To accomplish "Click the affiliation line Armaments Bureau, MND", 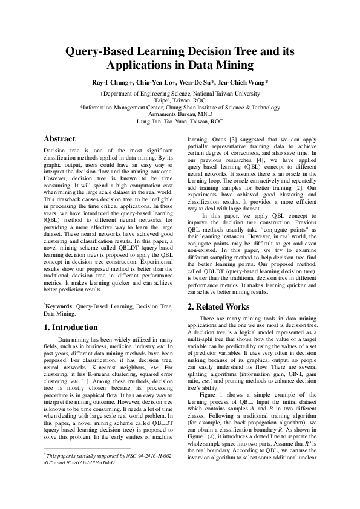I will (x=180, y=114).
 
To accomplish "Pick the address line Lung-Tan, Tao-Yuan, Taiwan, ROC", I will (x=180, y=121).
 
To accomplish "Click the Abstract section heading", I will (x=60, y=138).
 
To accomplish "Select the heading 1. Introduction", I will (x=70, y=327).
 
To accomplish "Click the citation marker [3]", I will (x=248, y=139).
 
